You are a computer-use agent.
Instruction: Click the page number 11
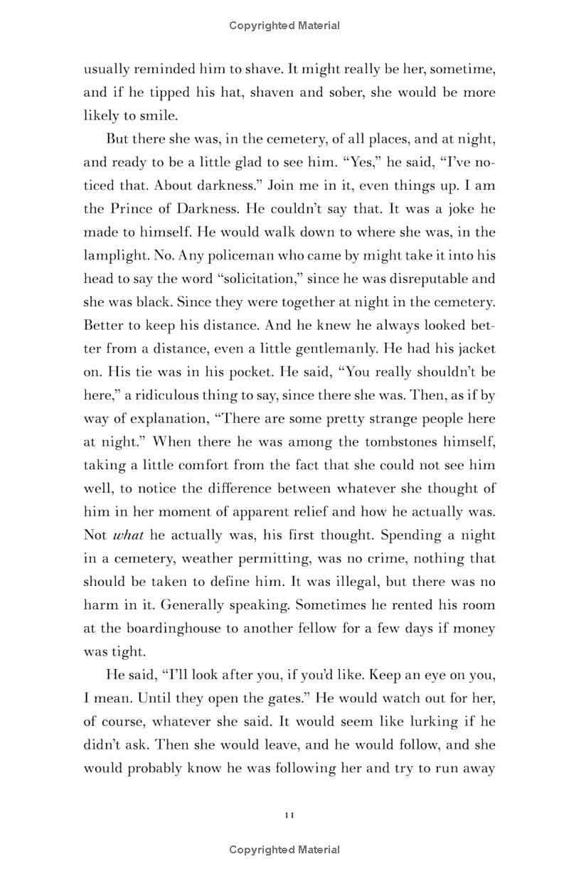[288, 814]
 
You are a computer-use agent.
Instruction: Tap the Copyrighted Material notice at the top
[284, 26]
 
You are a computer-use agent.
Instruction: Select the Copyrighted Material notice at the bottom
[284, 849]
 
